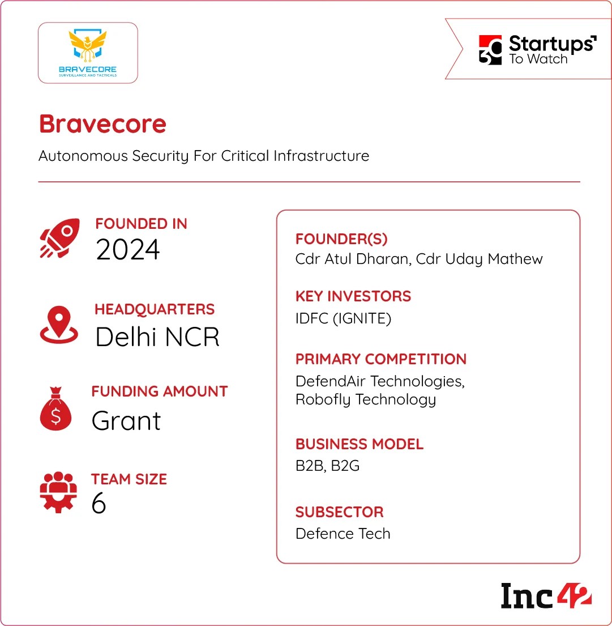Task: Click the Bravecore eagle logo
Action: tap(88, 52)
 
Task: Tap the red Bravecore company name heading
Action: tap(102, 124)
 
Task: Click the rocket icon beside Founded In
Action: tap(58, 240)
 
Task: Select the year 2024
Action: tap(128, 250)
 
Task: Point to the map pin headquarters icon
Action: tap(59, 325)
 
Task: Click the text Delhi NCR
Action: tap(157, 337)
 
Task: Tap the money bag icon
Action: tap(56, 410)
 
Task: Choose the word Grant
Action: tap(126, 420)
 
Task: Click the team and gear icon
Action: tap(58, 492)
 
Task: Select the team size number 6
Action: tap(99, 503)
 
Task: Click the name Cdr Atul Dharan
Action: tap(352, 259)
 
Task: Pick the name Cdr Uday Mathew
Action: tap(480, 259)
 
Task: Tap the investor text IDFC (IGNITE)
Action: tap(343, 318)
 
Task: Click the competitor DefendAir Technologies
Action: tap(379, 381)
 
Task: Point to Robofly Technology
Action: tap(365, 399)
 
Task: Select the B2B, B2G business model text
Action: tap(327, 466)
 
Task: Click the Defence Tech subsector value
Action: tap(343, 534)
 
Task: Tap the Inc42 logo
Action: tap(546, 595)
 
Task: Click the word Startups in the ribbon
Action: tap(552, 44)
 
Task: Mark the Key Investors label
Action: tap(353, 296)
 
